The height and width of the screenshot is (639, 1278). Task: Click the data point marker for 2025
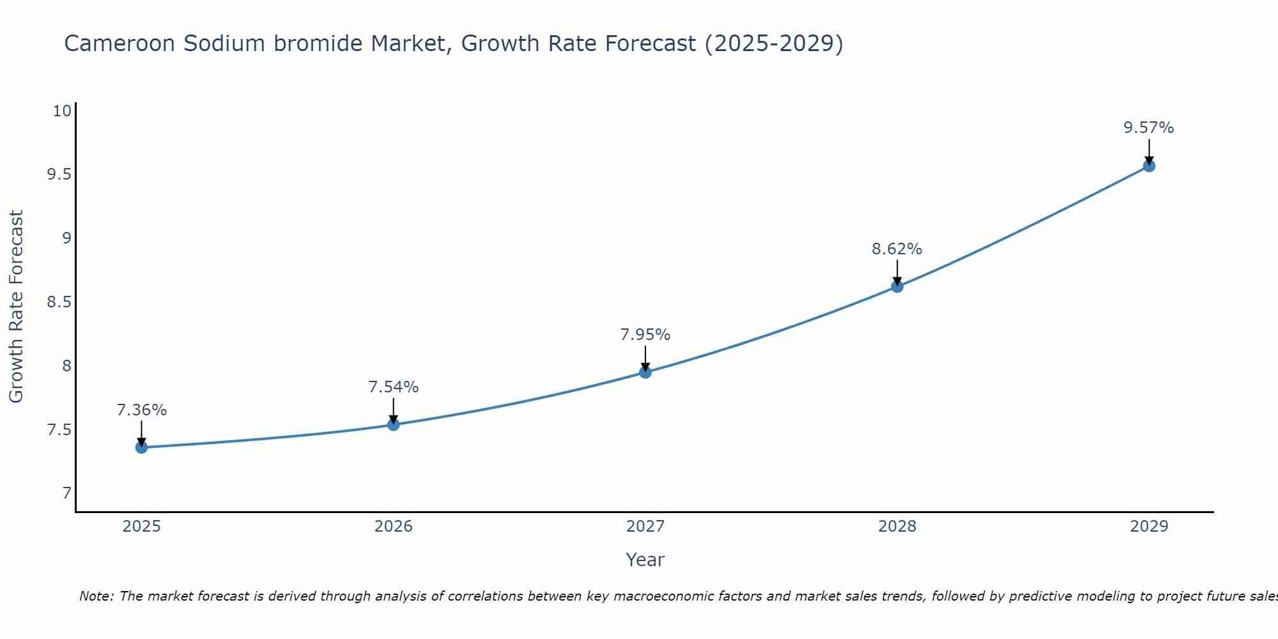point(141,447)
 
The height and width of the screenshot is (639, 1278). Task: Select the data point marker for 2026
point(394,424)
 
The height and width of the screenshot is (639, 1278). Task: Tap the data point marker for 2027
point(645,372)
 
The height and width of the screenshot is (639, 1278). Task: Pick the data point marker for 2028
point(897,286)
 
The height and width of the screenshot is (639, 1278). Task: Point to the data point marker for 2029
point(1149,166)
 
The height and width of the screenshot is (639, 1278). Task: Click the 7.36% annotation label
point(141,410)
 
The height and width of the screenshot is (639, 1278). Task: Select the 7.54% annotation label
point(394,387)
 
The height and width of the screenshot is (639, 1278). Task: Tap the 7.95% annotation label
point(645,335)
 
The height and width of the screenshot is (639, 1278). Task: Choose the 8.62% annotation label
point(897,249)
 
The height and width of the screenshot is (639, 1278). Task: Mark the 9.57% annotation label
point(1149,128)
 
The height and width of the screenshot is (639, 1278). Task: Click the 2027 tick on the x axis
point(645,527)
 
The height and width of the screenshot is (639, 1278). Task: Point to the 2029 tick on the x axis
point(1149,527)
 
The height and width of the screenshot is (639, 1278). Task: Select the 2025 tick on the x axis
point(141,527)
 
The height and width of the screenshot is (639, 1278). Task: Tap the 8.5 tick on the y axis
point(59,302)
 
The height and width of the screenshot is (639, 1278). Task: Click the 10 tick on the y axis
point(62,111)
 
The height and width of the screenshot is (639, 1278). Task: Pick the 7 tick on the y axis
point(66,493)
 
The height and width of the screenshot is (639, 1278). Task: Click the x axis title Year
point(645,560)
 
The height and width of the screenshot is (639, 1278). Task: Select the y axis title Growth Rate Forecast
point(16,307)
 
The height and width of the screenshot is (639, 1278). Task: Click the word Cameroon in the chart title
point(119,43)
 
